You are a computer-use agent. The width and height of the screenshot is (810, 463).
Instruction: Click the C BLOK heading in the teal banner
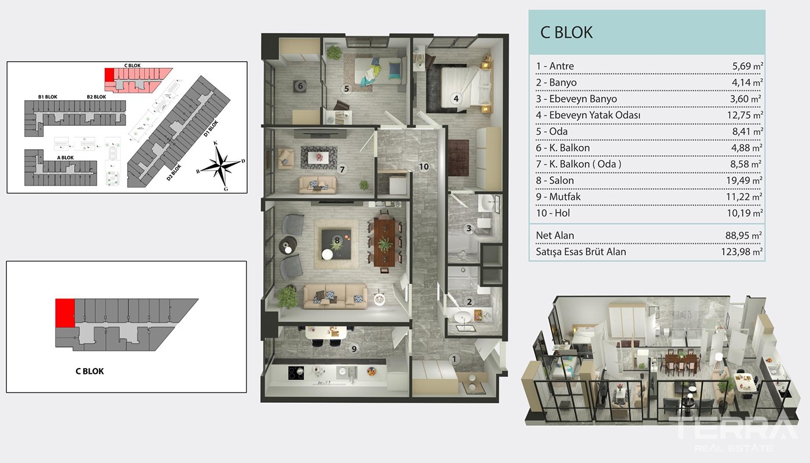coord(566,32)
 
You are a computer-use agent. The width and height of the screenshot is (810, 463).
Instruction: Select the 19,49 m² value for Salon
coord(745,180)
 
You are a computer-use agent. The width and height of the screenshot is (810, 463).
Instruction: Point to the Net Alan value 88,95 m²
coord(743,236)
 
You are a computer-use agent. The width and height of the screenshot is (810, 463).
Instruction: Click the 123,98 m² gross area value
coord(742,252)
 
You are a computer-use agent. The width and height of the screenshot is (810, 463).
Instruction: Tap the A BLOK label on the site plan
coord(65,157)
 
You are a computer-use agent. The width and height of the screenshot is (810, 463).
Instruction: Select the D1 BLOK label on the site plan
coord(211,128)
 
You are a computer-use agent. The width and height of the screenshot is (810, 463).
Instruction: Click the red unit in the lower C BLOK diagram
coord(65,313)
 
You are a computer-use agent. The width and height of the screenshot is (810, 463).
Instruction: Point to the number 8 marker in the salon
coord(337,240)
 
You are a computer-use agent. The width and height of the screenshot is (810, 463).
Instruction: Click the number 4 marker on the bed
coord(456,98)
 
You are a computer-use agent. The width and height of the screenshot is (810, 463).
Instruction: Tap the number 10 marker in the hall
coord(424,167)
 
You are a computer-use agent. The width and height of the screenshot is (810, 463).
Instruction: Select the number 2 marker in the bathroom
coord(469,302)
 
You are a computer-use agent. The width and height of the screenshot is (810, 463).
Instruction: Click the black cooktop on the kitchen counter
coord(296,373)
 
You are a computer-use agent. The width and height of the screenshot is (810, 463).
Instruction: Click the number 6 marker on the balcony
coord(300,86)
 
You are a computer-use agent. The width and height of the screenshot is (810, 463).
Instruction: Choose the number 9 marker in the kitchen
coord(354,348)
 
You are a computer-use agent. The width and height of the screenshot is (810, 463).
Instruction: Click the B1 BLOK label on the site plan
coord(47,97)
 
